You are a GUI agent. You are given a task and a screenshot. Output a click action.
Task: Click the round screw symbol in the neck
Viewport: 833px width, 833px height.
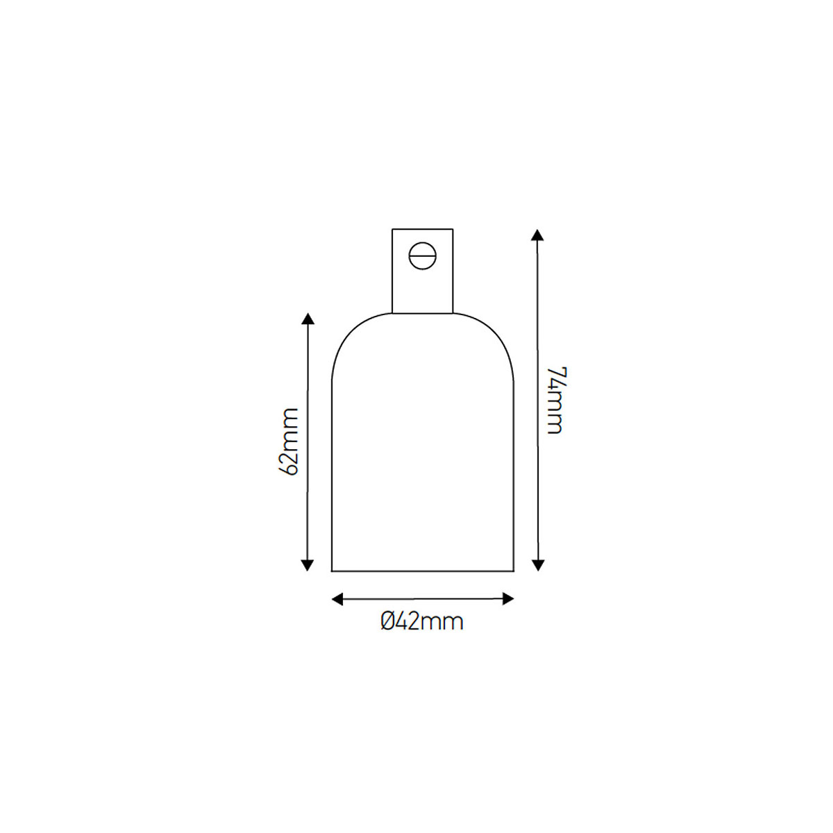click(x=422, y=256)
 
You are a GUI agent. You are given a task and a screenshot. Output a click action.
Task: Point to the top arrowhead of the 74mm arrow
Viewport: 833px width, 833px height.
click(x=537, y=234)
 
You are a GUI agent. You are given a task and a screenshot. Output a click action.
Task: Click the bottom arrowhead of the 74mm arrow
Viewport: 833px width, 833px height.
click(x=537, y=565)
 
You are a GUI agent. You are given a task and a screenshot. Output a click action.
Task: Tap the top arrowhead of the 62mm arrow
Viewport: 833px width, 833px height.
click(x=308, y=319)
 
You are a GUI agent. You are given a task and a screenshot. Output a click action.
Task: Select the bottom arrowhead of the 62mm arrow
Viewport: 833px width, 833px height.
click(x=308, y=565)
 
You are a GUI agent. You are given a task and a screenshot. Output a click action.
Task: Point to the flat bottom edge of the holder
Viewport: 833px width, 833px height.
click(x=423, y=571)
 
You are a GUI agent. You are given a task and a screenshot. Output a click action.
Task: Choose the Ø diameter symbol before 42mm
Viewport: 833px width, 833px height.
click(x=388, y=621)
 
